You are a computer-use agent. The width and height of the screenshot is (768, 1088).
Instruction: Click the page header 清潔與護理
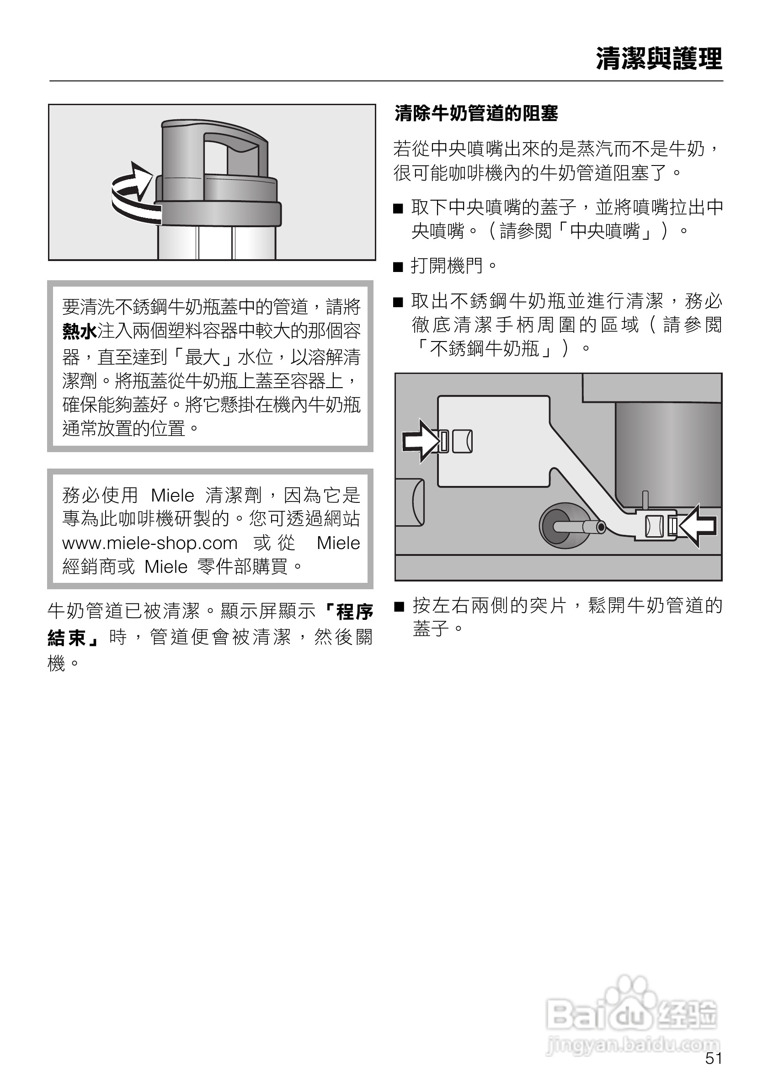click(x=659, y=59)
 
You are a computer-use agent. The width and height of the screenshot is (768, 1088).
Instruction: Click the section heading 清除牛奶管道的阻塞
click(x=476, y=114)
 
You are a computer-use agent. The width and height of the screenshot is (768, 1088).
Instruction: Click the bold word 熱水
click(x=79, y=331)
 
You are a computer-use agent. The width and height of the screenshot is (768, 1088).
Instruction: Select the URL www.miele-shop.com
click(x=150, y=543)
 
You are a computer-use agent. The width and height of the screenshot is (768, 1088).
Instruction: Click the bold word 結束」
click(x=74, y=637)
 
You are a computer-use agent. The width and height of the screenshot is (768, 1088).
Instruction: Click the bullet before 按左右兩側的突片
click(x=400, y=607)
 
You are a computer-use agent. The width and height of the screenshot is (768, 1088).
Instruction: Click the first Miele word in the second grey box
click(x=172, y=496)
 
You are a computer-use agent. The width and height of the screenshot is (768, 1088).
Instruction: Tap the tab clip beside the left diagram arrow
click(x=444, y=441)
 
